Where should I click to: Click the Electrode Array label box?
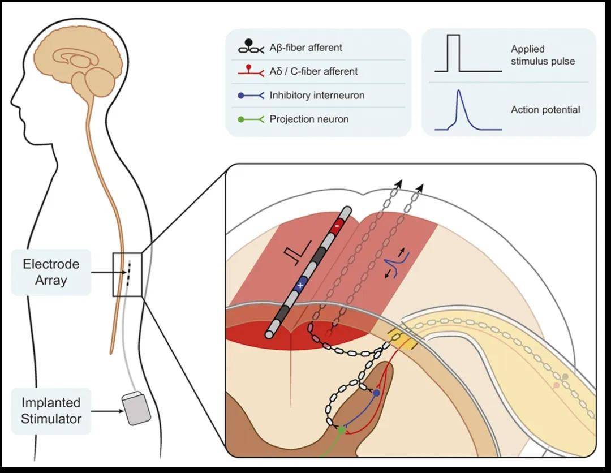click(51, 272)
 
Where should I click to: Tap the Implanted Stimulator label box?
click(51, 411)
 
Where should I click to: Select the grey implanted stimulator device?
click(137, 408)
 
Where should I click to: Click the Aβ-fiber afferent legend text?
click(305, 48)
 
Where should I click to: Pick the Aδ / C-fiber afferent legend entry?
click(313, 71)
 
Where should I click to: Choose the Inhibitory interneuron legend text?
click(317, 95)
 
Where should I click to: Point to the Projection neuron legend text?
click(309, 119)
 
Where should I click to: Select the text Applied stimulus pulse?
click(542, 55)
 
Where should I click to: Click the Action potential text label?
click(545, 110)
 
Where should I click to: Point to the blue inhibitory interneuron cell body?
click(377, 393)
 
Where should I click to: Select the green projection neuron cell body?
click(342, 431)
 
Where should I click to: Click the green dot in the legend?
click(241, 119)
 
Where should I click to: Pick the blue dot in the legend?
click(241, 96)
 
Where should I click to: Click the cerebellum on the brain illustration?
click(100, 82)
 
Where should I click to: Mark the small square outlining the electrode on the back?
click(127, 274)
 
